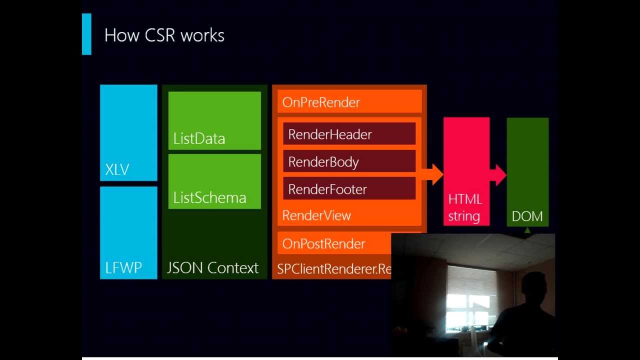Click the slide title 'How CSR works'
(164, 35)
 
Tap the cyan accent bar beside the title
(86, 34)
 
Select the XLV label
(117, 170)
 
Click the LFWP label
(123, 268)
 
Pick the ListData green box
(214, 120)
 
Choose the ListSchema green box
(214, 181)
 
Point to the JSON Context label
(212, 268)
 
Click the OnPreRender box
(349, 102)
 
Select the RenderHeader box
(349, 134)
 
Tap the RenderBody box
(349, 161)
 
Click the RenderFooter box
(349, 189)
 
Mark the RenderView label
(316, 215)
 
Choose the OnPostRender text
(323, 243)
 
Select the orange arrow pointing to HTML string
(432, 174)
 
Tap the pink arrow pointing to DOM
(498, 174)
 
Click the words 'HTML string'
(465, 207)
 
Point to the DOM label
(527, 216)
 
